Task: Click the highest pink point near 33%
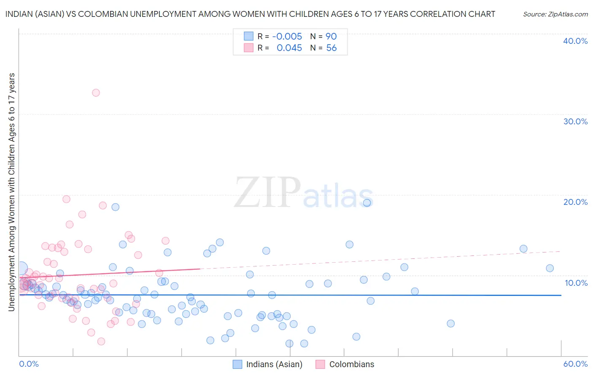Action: [96, 93]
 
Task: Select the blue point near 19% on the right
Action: [367, 203]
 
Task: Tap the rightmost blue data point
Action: [550, 268]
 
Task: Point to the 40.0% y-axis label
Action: [575, 41]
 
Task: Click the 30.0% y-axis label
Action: [575, 121]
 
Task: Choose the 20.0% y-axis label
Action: [575, 202]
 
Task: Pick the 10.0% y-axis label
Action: [575, 283]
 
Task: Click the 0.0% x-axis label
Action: [29, 364]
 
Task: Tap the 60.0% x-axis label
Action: [575, 364]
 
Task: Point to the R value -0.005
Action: [287, 37]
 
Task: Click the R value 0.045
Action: [289, 48]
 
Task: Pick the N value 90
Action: [331, 37]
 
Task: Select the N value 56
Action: [332, 48]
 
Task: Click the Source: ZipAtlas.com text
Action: [555, 14]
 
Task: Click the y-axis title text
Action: [12, 192]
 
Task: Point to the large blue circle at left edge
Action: [21, 269]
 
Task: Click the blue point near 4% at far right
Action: [450, 323]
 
